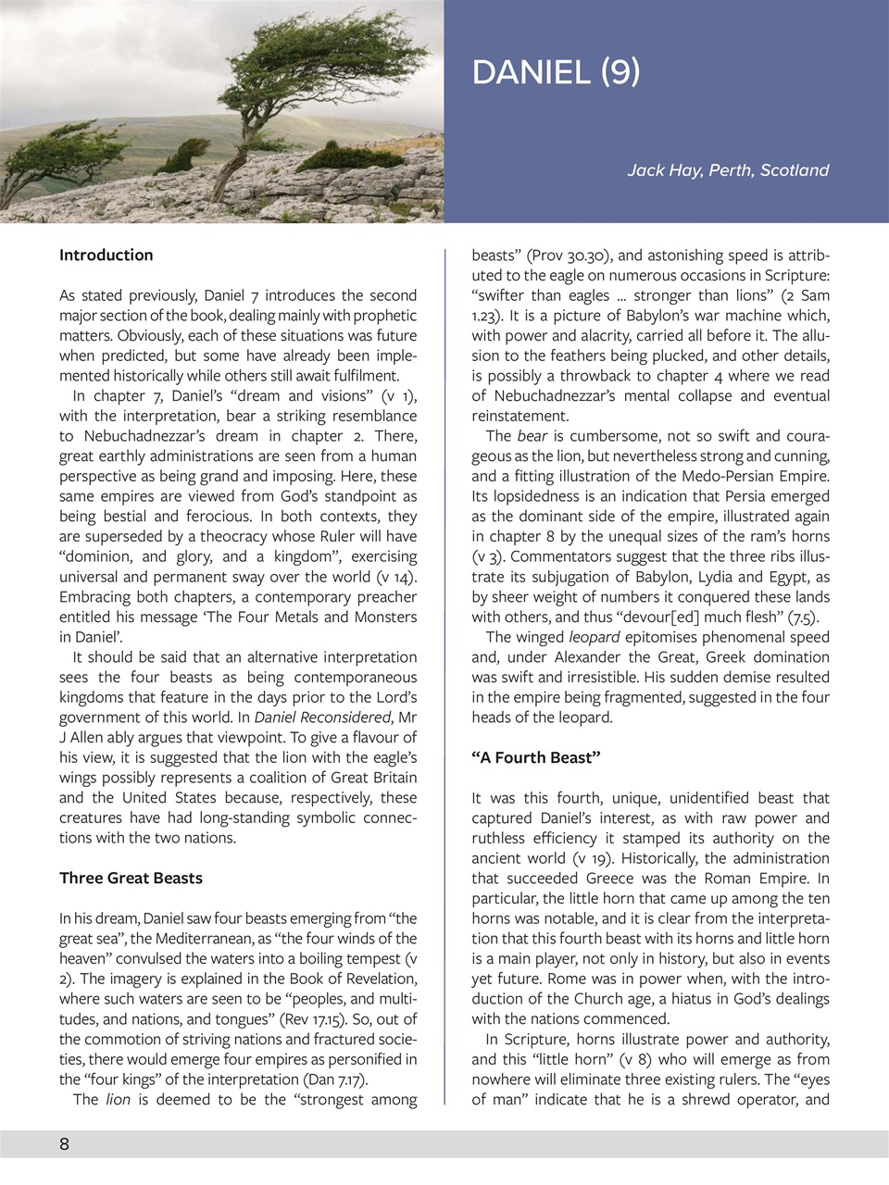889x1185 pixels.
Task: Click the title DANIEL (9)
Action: pyautogui.click(x=556, y=72)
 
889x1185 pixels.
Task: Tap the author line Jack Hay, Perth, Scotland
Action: pyautogui.click(x=728, y=170)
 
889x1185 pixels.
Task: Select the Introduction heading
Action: pyautogui.click(x=106, y=255)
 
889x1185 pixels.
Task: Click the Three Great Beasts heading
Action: pyautogui.click(x=131, y=878)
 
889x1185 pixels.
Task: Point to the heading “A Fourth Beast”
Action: pyautogui.click(x=536, y=757)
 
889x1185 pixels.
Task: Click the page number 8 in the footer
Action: pyautogui.click(x=64, y=1143)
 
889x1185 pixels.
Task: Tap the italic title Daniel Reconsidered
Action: pyautogui.click(x=322, y=717)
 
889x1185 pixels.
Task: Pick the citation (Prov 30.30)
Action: pyautogui.click(x=568, y=256)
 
